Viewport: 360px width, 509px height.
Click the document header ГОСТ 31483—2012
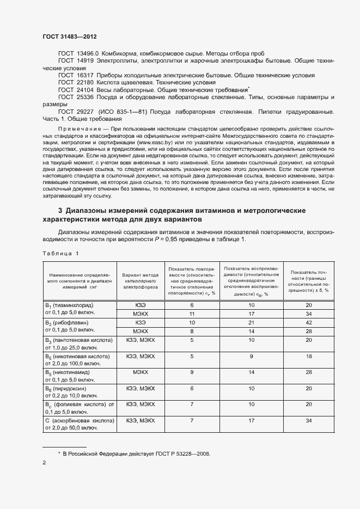coord(70,36)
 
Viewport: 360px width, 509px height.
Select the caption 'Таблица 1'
coord(60,253)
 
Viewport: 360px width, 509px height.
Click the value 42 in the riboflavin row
coord(309,322)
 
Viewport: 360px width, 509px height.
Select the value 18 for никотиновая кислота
coord(309,356)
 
